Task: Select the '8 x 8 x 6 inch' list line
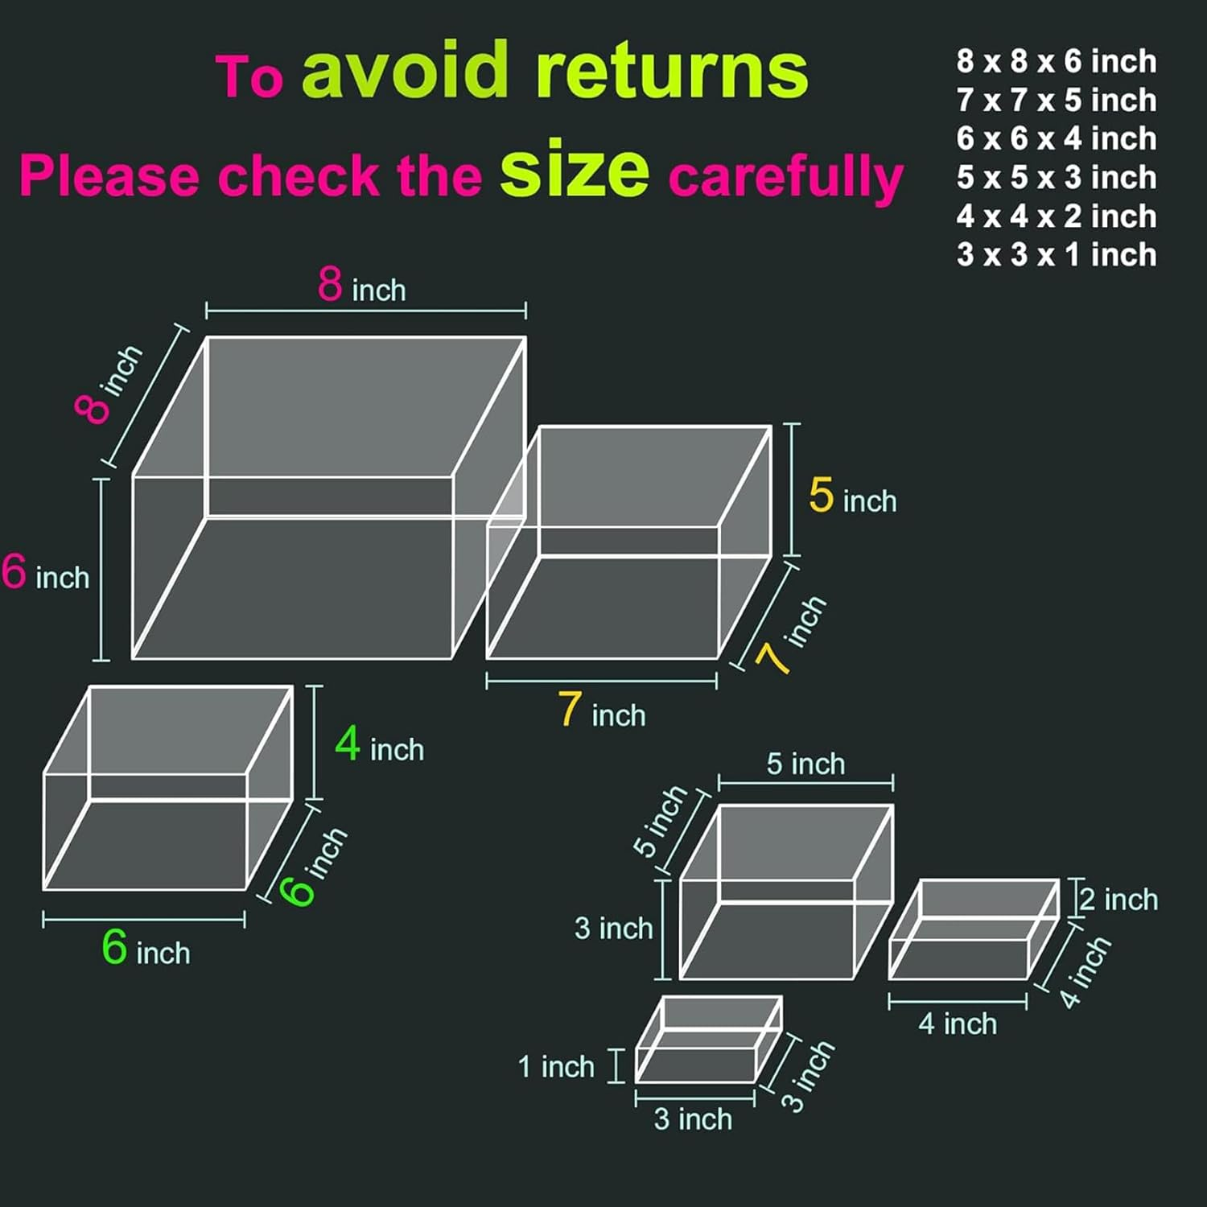pos(1057,61)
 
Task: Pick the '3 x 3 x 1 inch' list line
pos(1057,254)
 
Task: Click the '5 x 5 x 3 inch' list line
pos(1057,177)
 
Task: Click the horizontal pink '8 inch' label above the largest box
pos(362,285)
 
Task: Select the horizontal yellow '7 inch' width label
pos(603,710)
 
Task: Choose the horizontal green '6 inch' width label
pos(146,947)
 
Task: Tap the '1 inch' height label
pos(556,1066)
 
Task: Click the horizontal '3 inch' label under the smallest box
pos(693,1118)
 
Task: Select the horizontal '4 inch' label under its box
pos(958,1024)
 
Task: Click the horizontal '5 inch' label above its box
pos(805,764)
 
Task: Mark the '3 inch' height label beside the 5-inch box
pos(613,928)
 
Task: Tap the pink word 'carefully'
pos(786,176)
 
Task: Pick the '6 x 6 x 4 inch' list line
pos(1057,138)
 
